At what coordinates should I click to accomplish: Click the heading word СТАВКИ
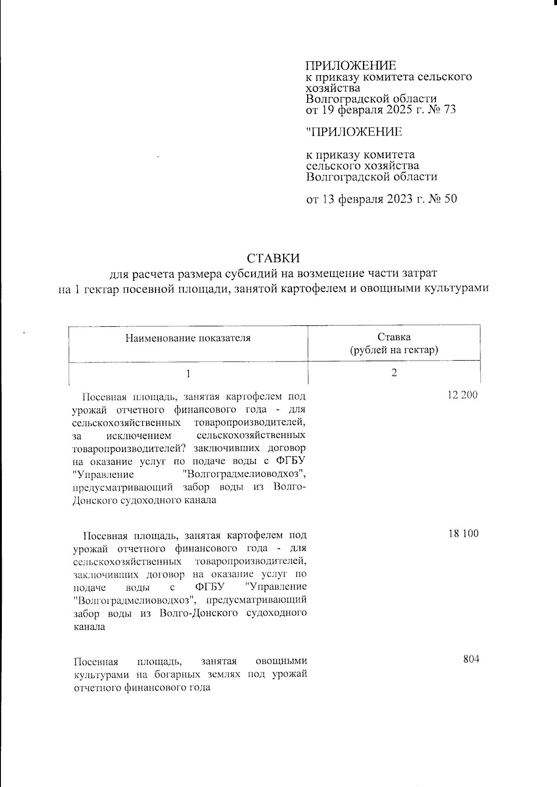pyautogui.click(x=273, y=258)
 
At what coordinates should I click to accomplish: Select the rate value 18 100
pyautogui.click(x=463, y=533)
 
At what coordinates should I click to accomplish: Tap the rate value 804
pyautogui.click(x=471, y=659)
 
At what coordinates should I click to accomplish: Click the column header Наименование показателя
pyautogui.click(x=188, y=338)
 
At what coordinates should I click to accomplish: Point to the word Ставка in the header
pyautogui.click(x=394, y=337)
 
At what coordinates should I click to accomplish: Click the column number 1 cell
pyautogui.click(x=188, y=373)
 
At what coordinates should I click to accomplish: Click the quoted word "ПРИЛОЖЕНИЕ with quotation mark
pyautogui.click(x=354, y=132)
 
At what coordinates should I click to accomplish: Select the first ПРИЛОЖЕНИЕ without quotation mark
pyautogui.click(x=351, y=65)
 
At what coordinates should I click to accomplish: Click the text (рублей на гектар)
pyautogui.click(x=394, y=350)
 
